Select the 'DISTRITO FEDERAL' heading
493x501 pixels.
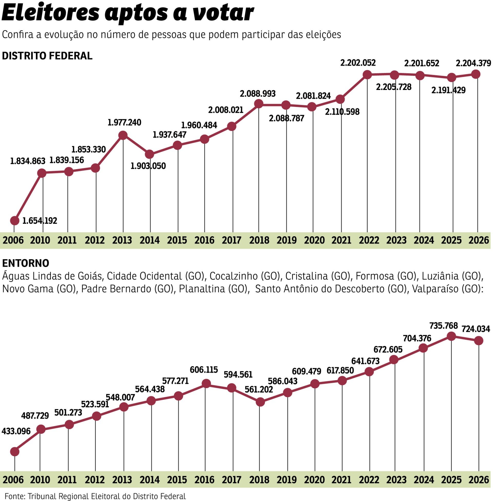click(x=47, y=56)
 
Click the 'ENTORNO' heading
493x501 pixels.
click(x=26, y=263)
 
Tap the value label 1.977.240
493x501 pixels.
click(x=124, y=122)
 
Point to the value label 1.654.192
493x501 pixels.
click(x=40, y=221)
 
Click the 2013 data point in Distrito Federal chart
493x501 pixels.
click(x=123, y=135)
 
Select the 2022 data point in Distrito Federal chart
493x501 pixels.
click(x=367, y=75)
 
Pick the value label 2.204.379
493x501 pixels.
click(x=473, y=63)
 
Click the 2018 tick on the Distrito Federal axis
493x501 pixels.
click(x=259, y=241)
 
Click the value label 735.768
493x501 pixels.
click(x=443, y=325)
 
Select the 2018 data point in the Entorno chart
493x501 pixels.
click(x=260, y=402)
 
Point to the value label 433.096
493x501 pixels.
click(x=16, y=431)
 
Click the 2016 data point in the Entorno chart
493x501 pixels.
click(x=206, y=383)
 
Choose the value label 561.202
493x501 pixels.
click(x=259, y=389)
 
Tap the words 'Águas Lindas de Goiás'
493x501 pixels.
click(x=52, y=276)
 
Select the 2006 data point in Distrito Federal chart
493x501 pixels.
click(x=15, y=221)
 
